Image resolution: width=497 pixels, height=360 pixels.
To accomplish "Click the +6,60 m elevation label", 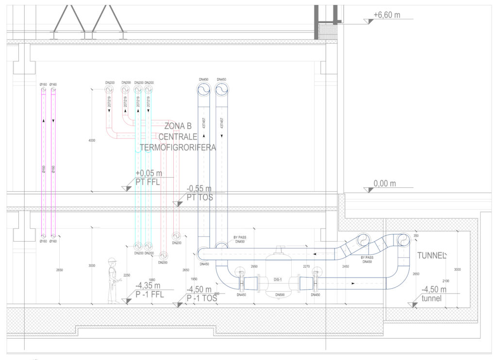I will [x=386, y=15].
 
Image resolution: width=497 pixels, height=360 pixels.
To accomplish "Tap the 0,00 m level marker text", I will [x=385, y=183].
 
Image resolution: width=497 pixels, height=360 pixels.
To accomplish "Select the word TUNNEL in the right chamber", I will [x=431, y=256].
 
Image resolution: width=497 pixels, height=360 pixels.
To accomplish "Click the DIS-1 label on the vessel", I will [x=278, y=280].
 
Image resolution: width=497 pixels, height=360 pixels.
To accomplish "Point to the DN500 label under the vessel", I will [x=279, y=295].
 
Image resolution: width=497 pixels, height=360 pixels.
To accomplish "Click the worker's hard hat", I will [x=113, y=259].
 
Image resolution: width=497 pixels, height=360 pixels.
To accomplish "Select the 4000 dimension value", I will [x=92, y=141].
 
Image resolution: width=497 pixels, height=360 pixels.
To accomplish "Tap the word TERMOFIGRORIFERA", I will [x=178, y=147].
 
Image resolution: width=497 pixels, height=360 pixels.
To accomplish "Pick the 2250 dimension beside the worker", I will [x=127, y=275].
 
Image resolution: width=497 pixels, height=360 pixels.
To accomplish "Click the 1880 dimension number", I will [x=151, y=279].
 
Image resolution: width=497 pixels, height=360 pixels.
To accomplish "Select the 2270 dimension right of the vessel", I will [x=306, y=266].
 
